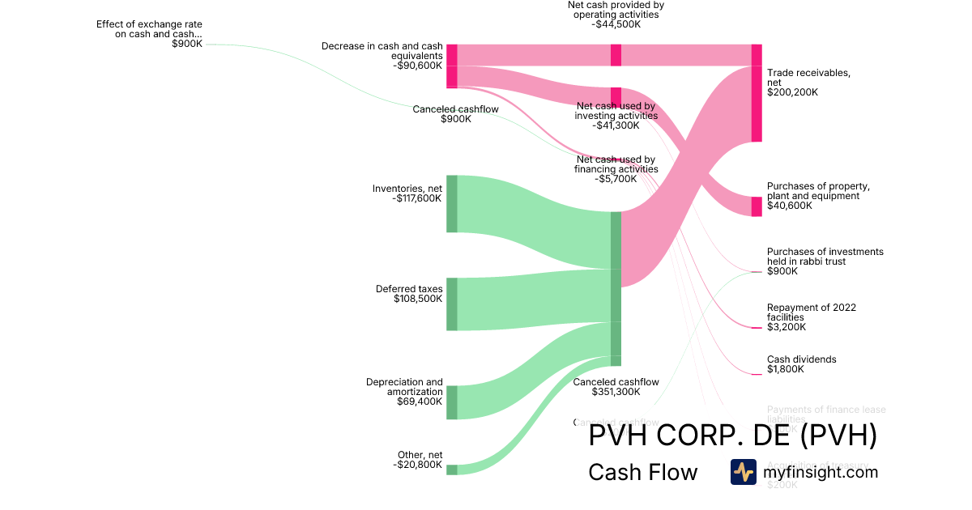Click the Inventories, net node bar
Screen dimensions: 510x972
click(452, 203)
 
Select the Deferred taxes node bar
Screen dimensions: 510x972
click(452, 304)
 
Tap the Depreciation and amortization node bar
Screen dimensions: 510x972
click(452, 402)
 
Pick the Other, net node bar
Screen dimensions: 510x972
click(452, 470)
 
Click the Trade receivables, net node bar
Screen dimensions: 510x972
click(757, 93)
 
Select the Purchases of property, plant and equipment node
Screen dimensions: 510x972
click(757, 206)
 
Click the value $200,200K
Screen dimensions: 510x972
click(792, 92)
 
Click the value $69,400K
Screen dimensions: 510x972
click(420, 402)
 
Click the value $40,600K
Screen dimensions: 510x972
click(790, 206)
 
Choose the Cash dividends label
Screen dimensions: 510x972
click(801, 359)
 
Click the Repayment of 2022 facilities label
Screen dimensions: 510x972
click(811, 312)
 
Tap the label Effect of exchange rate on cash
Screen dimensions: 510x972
click(149, 29)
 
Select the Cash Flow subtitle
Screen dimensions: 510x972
click(642, 472)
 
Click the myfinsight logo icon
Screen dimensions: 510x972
click(743, 472)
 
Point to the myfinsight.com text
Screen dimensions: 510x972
click(821, 472)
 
